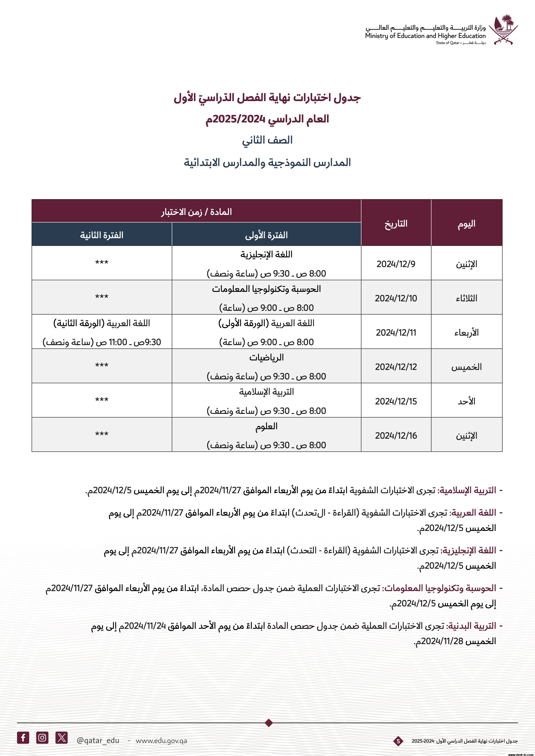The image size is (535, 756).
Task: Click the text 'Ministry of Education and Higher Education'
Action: pos(425,36)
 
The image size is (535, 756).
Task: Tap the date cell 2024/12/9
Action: pos(396,264)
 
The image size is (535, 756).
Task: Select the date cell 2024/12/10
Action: pos(396,298)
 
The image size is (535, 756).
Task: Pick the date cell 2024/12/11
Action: pos(396,333)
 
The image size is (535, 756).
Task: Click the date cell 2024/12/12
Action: pos(396,367)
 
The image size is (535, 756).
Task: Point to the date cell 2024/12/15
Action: pos(396,401)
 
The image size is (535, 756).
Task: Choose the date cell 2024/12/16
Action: pos(396,436)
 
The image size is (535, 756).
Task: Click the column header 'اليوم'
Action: pos(466,224)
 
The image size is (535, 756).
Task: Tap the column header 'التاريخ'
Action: pos(396,224)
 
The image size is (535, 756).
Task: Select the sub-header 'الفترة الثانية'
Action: pos(102,235)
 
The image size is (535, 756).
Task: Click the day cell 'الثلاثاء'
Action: pos(466,298)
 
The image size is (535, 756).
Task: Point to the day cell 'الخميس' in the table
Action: pos(466,367)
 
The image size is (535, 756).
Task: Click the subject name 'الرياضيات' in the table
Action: pos(266,358)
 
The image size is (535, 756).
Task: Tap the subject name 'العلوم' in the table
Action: pos(266,426)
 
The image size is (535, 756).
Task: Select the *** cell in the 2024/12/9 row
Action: pos(102,263)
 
